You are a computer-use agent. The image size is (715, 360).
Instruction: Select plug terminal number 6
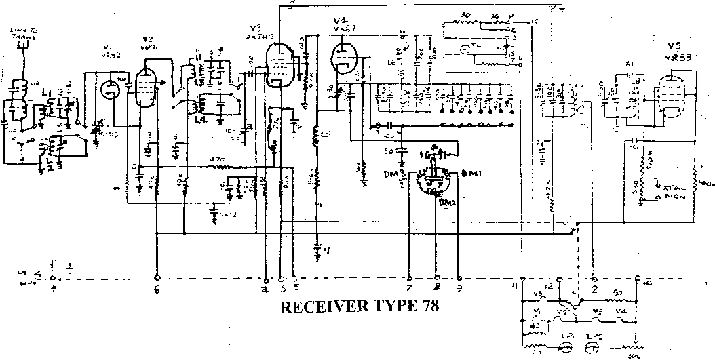coord(157,278)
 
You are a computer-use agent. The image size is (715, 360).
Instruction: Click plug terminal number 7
coord(410,278)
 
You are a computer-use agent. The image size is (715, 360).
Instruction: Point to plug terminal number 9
coord(461,278)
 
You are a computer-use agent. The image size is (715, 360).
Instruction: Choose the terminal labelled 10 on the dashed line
coord(637,278)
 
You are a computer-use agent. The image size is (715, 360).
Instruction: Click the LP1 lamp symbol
coord(564,346)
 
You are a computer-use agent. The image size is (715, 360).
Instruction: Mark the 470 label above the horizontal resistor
coord(217,159)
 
